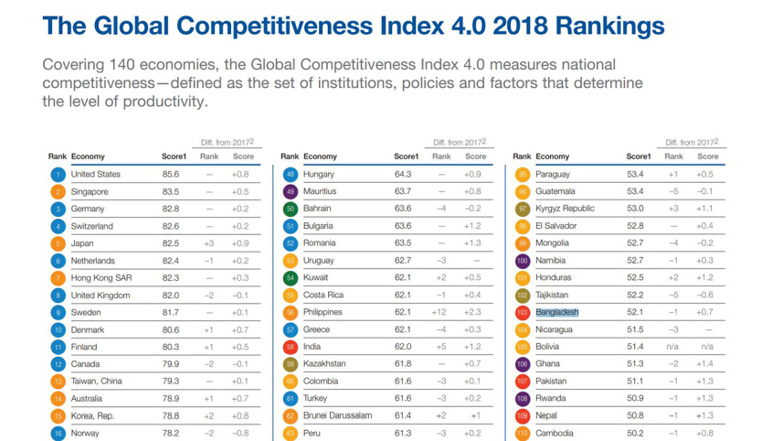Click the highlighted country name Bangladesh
[x=556, y=313]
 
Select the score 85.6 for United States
[x=171, y=174]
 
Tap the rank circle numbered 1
[x=58, y=174]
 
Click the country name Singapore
[x=90, y=192]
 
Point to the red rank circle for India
[x=291, y=348]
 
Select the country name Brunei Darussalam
[x=337, y=415]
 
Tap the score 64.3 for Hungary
[x=403, y=174]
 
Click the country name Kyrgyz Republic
[x=565, y=209]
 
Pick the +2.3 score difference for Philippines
[x=472, y=313]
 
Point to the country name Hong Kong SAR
[x=101, y=278]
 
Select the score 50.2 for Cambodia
[x=635, y=433]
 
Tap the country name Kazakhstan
[x=324, y=364]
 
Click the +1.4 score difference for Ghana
[x=704, y=364]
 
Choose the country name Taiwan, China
[x=97, y=382]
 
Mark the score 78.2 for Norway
[x=171, y=433]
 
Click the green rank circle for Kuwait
[x=291, y=278]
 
